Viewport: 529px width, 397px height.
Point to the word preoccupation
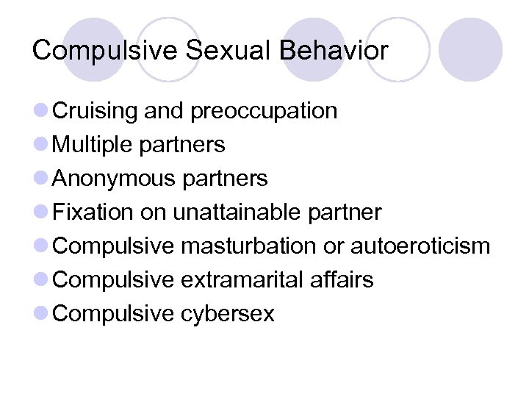(264, 111)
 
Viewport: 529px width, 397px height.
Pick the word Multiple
(94, 145)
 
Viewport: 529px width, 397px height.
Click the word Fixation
(93, 212)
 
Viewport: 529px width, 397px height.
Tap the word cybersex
(227, 314)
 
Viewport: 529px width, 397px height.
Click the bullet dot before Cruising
(42, 111)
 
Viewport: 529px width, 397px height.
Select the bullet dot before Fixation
(42, 212)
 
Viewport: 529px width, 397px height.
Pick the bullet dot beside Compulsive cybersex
(42, 314)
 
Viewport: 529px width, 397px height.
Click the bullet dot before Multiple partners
(42, 145)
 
